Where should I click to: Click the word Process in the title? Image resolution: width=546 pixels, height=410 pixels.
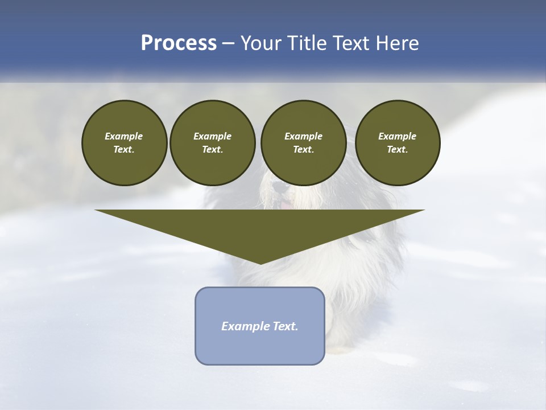[x=179, y=43]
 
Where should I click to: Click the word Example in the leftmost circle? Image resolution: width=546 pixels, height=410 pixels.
[x=124, y=136]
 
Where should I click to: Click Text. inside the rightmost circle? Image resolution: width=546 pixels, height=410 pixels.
[x=397, y=150]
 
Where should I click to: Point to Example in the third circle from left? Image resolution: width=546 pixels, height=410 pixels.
[x=303, y=136]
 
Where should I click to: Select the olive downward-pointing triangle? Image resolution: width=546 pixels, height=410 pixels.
[x=260, y=228]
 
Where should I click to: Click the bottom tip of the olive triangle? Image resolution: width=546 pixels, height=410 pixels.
[x=260, y=263]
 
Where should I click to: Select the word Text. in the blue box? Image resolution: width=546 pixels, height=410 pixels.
[x=286, y=326]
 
